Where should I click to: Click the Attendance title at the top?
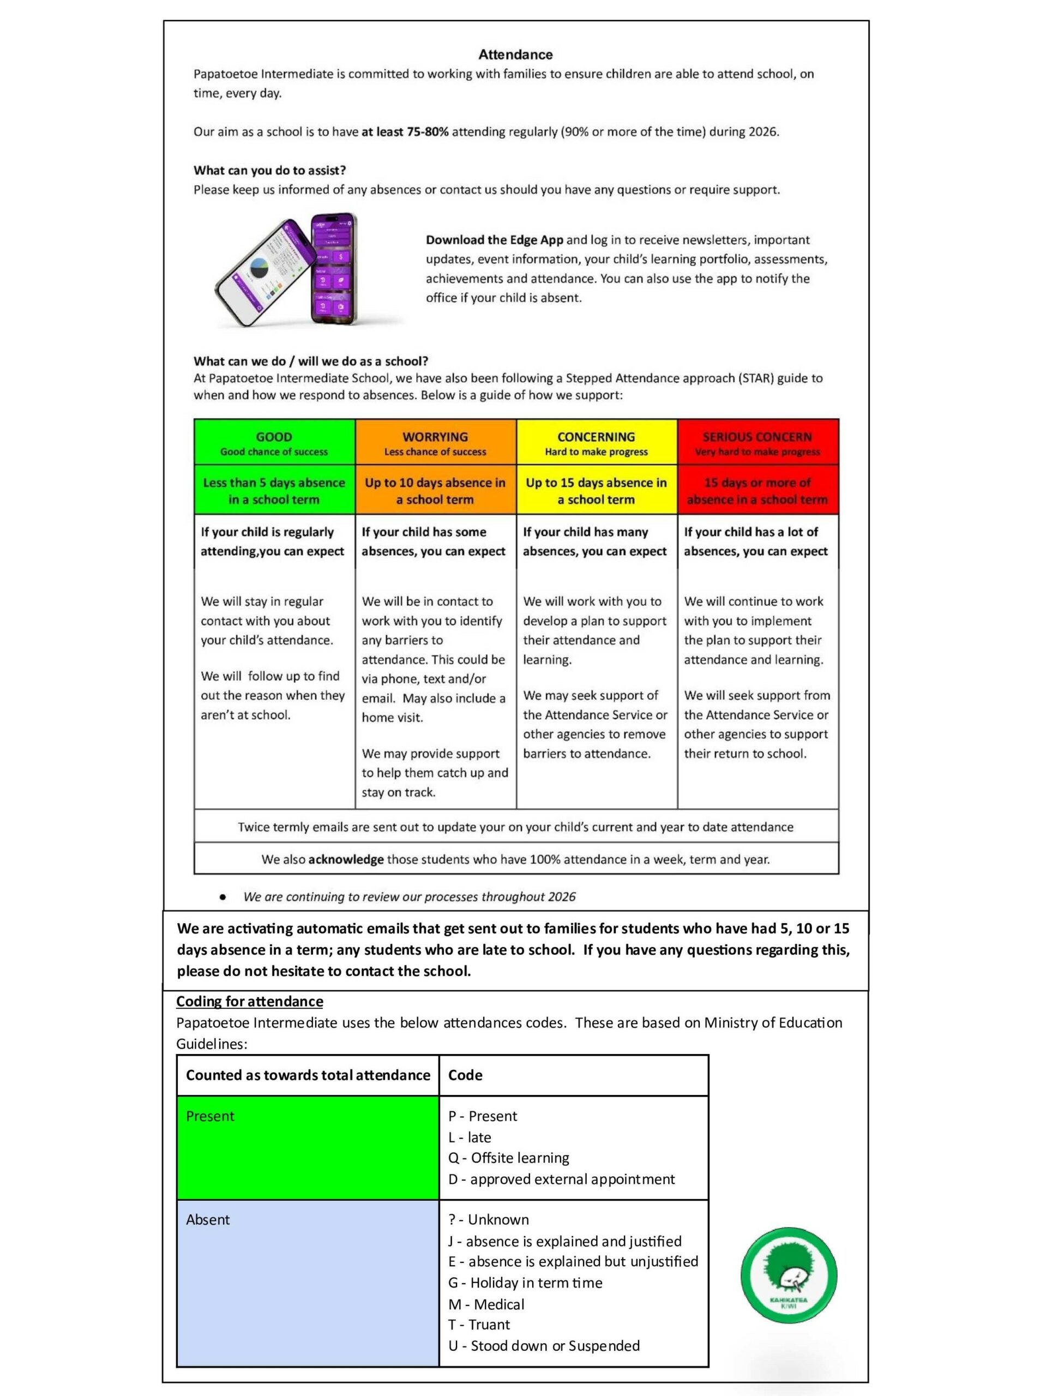pyautogui.click(x=515, y=55)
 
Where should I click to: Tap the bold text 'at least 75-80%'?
pyautogui.click(x=405, y=132)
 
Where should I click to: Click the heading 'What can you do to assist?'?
pyautogui.click(x=269, y=170)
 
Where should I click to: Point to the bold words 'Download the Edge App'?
pyautogui.click(x=494, y=240)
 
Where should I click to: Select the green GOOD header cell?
pyautogui.click(x=274, y=442)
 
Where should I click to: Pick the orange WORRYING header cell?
pyautogui.click(x=435, y=442)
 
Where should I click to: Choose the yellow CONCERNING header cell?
pyautogui.click(x=596, y=442)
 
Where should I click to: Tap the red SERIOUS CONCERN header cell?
pyautogui.click(x=757, y=442)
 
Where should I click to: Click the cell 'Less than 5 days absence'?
pyautogui.click(x=274, y=490)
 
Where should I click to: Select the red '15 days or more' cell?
pyautogui.click(x=757, y=490)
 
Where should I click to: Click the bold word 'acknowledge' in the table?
pyautogui.click(x=345, y=859)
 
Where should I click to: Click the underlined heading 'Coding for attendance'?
pyautogui.click(x=249, y=1001)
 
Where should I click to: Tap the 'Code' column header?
pyautogui.click(x=465, y=1075)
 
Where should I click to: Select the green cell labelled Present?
pyautogui.click(x=308, y=1147)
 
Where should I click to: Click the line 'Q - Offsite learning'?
pyautogui.click(x=508, y=1158)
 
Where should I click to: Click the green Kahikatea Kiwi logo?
pyautogui.click(x=789, y=1275)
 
